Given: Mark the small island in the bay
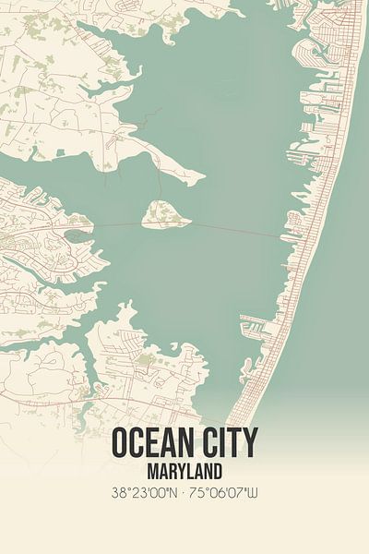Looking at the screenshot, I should tap(166, 216).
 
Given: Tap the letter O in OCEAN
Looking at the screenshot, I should tap(122, 443).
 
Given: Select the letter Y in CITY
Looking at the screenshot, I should tap(250, 443).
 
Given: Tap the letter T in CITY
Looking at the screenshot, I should tap(234, 443).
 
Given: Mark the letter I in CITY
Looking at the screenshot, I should tap(222, 443).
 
